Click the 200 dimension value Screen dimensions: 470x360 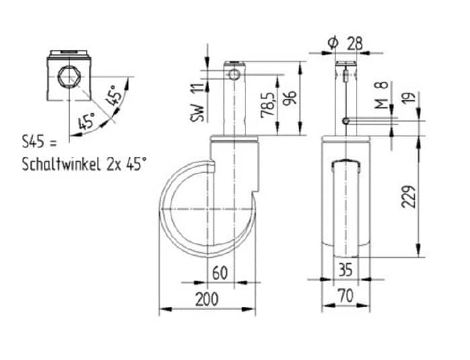click(207, 299)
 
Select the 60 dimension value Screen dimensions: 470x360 click(220, 273)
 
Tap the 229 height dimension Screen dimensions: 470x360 click(409, 196)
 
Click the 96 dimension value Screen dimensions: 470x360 click(290, 98)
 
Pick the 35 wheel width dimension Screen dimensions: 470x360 click(346, 269)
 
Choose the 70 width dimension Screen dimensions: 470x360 click(346, 296)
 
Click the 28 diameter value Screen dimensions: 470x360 click(354, 44)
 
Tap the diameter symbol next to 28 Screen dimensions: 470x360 click(333, 44)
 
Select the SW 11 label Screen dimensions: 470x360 click(197, 103)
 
